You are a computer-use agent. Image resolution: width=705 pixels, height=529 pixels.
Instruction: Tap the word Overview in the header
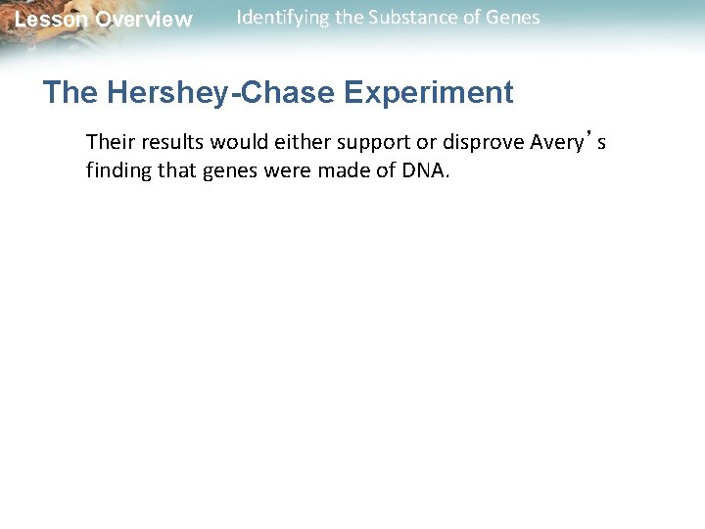pos(144,20)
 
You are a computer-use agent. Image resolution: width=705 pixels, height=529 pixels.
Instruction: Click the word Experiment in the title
pos(429,93)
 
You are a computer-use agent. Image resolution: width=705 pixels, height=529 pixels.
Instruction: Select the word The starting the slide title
pos(70,93)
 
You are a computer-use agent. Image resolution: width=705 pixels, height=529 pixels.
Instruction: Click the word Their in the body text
pos(110,142)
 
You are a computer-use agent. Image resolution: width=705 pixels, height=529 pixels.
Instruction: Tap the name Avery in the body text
pos(557,143)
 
